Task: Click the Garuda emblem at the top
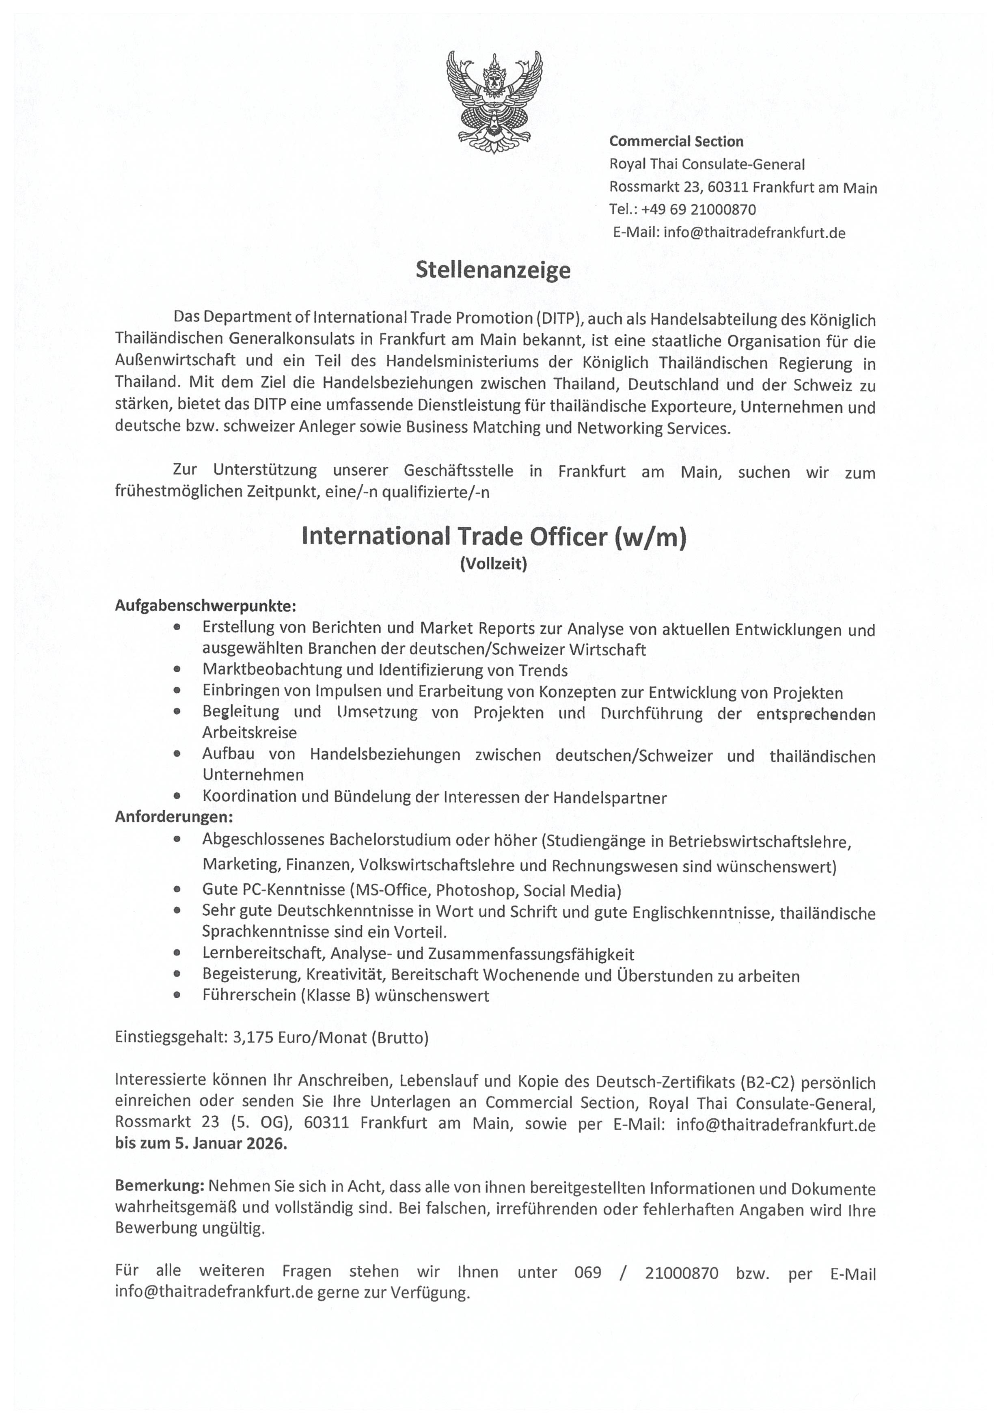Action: (494, 102)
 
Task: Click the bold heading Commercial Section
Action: (676, 142)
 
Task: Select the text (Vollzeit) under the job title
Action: (494, 563)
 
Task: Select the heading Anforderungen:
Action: (174, 817)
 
